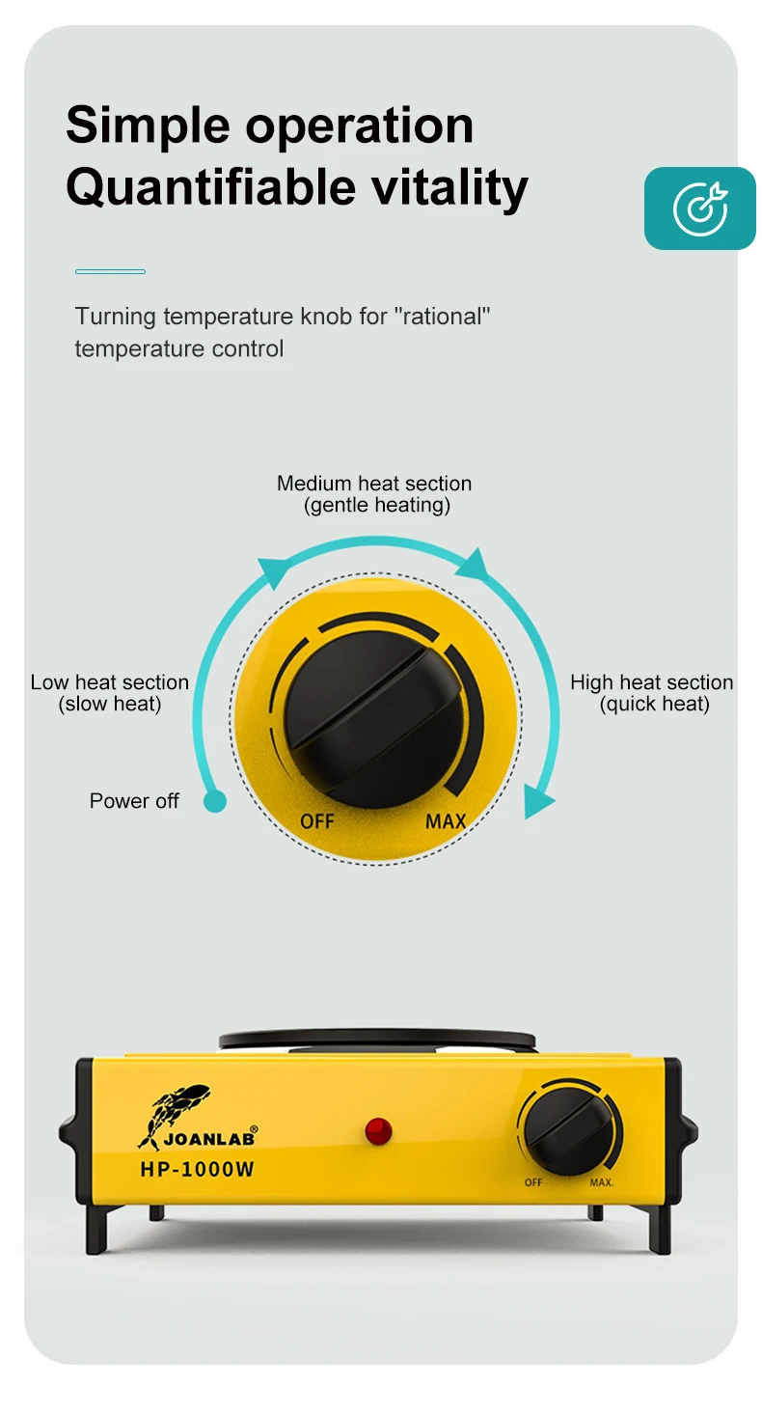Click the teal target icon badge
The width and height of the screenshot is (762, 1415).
pyautogui.click(x=699, y=208)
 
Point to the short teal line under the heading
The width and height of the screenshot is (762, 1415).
pyautogui.click(x=110, y=271)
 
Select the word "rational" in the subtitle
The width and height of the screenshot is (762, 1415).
pyautogui.click(x=443, y=317)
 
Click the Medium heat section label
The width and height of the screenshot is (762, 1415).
pyautogui.click(x=374, y=493)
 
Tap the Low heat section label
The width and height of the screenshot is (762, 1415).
pyautogui.click(x=109, y=693)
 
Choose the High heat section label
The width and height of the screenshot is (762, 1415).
pyautogui.click(x=651, y=693)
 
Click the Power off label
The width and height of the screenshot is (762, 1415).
pyautogui.click(x=134, y=801)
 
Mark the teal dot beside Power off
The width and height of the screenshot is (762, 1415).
pyautogui.click(x=215, y=801)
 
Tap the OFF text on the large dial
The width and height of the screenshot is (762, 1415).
pyautogui.click(x=316, y=821)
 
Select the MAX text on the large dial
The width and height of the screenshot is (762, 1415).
pyautogui.click(x=446, y=821)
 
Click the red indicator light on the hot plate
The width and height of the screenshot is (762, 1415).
pyautogui.click(x=378, y=1130)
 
